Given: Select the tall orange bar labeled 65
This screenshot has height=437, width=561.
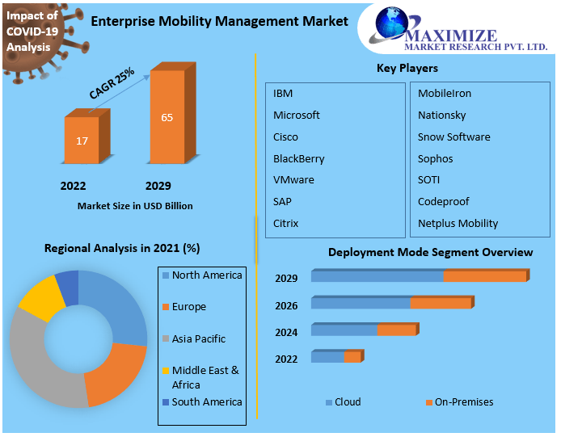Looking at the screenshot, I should point(167,117).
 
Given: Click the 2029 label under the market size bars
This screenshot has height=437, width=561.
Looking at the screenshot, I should point(158,186).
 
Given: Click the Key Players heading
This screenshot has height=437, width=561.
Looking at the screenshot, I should point(407,68).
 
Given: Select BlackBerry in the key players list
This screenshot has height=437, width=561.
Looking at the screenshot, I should point(298,158).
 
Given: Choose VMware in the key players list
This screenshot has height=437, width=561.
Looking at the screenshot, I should point(293,179).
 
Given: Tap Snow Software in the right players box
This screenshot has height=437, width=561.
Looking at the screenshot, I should point(453,137).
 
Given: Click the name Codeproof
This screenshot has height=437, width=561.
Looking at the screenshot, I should point(443,201).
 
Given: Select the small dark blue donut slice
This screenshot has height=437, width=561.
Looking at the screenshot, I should point(68,287).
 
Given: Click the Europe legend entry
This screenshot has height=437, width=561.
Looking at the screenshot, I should point(188,307).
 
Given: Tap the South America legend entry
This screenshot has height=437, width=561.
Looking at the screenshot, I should point(206,401).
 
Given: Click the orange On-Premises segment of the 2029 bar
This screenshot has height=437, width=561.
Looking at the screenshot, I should point(485,276).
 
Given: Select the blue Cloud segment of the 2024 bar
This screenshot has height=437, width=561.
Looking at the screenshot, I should point(344,330).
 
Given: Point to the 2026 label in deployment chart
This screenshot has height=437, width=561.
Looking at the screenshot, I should point(286,305).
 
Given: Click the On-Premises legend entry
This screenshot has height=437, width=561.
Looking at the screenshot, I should point(463,401).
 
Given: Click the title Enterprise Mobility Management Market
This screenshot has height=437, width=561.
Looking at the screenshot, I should point(219,21).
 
